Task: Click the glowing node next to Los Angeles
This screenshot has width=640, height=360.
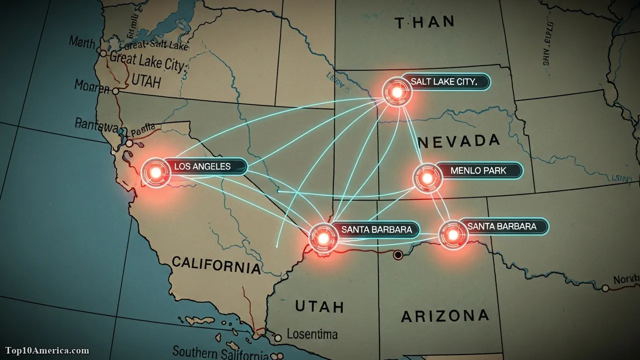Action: click(155, 172)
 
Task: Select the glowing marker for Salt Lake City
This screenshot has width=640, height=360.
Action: click(397, 91)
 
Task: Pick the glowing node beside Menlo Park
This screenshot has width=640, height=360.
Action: click(427, 178)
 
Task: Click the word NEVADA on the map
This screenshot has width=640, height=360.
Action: click(459, 141)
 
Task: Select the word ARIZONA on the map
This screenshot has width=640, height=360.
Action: click(445, 316)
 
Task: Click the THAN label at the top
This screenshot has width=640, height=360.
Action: click(424, 22)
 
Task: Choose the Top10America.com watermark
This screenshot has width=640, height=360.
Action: click(47, 350)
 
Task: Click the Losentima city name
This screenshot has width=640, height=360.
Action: click(312, 334)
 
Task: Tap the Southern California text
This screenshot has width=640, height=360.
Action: click(220, 351)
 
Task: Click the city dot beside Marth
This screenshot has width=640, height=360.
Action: click(103, 53)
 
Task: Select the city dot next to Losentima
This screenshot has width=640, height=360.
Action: click(278, 338)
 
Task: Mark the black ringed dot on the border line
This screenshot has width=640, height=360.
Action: click(398, 255)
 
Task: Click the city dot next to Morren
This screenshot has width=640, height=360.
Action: click(115, 91)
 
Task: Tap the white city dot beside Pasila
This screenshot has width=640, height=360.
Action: click(129, 143)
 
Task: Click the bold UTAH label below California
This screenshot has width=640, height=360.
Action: click(319, 306)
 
